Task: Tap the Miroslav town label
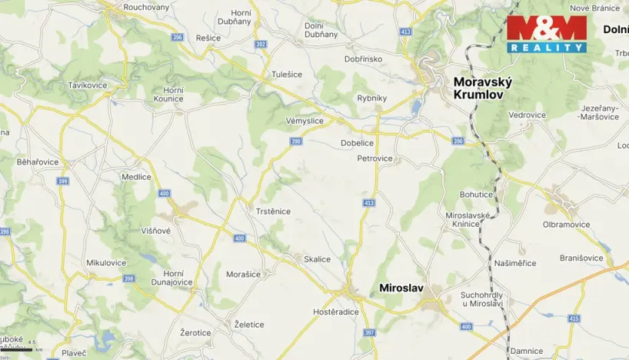click(x=401, y=288)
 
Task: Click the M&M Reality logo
click(x=546, y=33)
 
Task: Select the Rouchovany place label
click(x=146, y=7)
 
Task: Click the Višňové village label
click(x=155, y=230)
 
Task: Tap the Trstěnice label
click(x=272, y=211)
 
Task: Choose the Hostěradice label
click(x=337, y=312)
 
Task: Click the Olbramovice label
click(x=567, y=225)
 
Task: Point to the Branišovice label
click(x=581, y=258)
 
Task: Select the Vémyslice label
click(x=305, y=121)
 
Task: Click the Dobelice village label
click(x=357, y=143)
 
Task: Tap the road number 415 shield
click(x=574, y=318)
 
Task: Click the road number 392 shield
click(x=261, y=44)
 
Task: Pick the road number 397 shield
click(x=369, y=332)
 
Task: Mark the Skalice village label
click(x=317, y=259)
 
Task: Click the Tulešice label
click(x=287, y=75)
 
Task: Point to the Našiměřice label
click(x=515, y=263)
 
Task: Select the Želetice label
click(x=249, y=325)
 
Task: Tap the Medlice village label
click(x=136, y=176)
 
